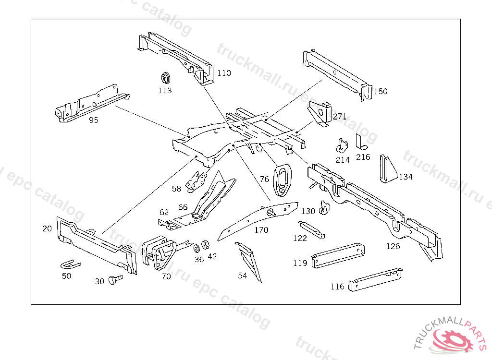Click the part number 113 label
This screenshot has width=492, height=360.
point(165,91)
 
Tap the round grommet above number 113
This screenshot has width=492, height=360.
point(165,78)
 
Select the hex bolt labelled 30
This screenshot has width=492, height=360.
point(115,279)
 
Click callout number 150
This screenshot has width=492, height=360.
point(381,91)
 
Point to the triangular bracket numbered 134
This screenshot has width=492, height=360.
point(388,169)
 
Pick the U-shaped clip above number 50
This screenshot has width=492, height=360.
point(70,264)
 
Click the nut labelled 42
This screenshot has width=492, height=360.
point(205,245)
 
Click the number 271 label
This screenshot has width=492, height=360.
point(340,117)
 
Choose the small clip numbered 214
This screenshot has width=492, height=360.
point(342,146)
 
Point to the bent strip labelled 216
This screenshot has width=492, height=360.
point(361,143)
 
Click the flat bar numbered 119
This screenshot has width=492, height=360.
point(338,255)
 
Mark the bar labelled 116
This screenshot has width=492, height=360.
point(375,279)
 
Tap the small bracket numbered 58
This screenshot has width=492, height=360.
point(196,182)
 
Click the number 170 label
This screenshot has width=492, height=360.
point(261,230)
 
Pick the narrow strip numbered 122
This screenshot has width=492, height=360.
point(311,230)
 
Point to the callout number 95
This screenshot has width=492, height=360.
point(94,120)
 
